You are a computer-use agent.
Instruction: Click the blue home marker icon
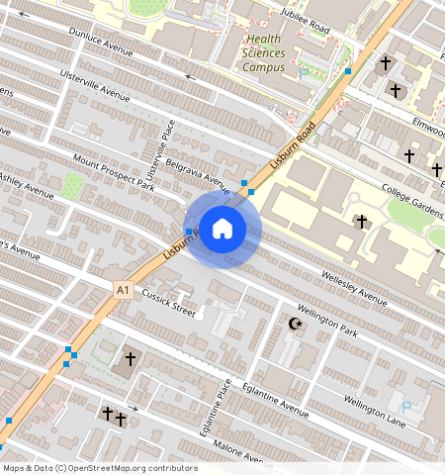point(223,229)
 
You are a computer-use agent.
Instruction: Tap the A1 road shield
point(122,290)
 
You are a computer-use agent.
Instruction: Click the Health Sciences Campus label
point(264,53)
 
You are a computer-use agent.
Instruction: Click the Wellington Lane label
point(375,407)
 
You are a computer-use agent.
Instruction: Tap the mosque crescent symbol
point(293,324)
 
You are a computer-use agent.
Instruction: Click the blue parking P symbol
point(405,407)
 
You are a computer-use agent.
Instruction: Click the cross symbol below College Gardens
point(361,221)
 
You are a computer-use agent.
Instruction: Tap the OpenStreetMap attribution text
point(99,468)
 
